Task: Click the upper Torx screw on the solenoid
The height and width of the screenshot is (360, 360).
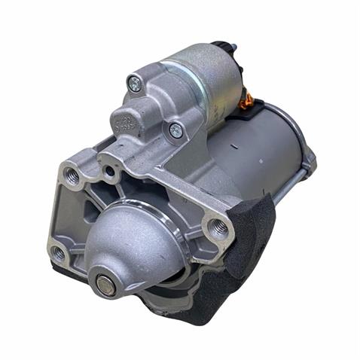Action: point(135,84)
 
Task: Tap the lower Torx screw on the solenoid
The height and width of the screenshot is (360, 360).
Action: point(175,130)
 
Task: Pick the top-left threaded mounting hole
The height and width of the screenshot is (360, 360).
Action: point(73,177)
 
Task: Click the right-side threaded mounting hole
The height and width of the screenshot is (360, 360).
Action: point(218,229)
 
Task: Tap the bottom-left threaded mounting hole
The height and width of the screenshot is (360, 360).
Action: point(59,255)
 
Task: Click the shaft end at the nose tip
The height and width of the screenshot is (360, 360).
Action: point(103,284)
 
